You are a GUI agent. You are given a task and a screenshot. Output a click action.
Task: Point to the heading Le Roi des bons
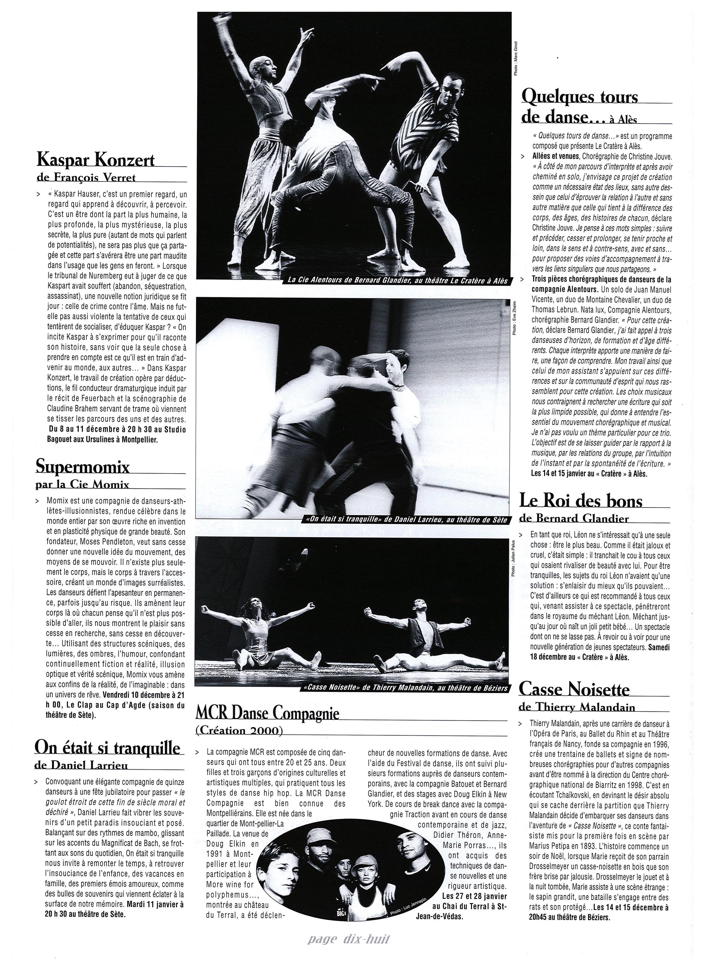581,501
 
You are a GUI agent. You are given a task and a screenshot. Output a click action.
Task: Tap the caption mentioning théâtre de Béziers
404,688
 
